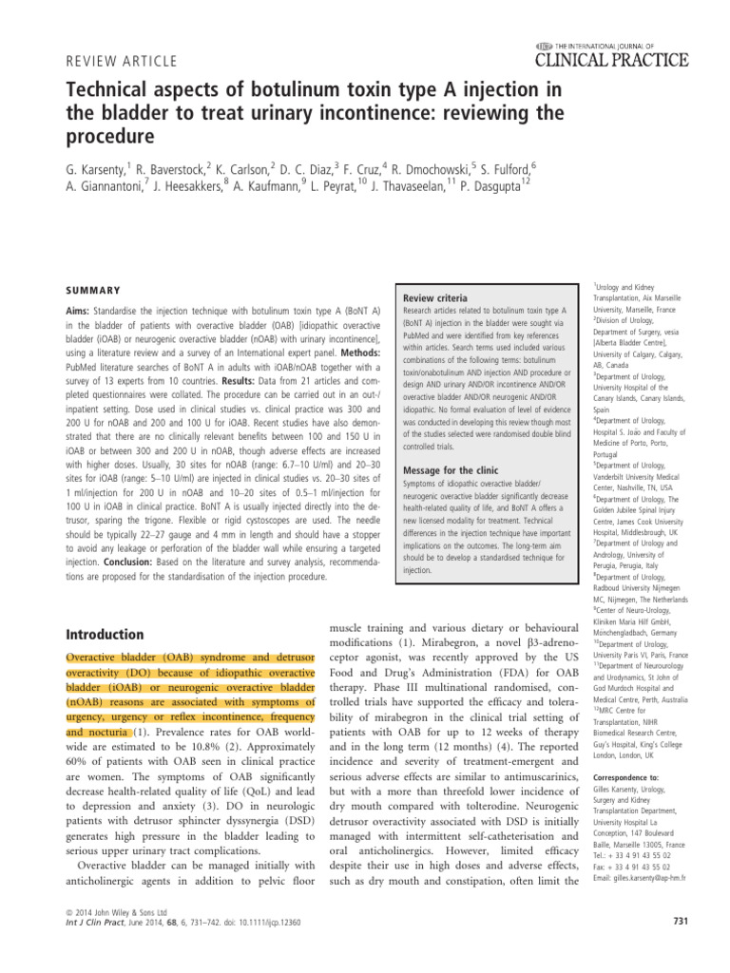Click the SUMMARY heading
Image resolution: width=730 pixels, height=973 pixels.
[x=91, y=290]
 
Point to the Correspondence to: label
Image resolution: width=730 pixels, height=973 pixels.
[x=626, y=777]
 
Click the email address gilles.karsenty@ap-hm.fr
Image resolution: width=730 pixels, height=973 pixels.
[x=641, y=877]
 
